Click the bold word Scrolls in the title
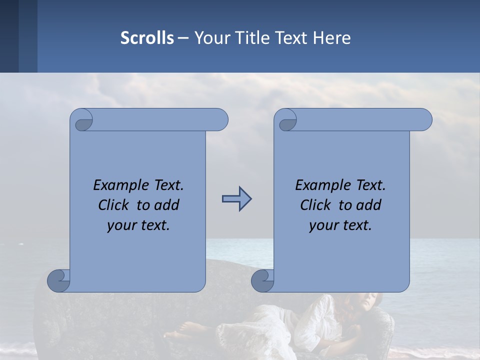click(147, 38)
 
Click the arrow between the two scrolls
click(236, 199)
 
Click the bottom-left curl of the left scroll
click(59, 281)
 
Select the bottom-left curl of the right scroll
click(263, 281)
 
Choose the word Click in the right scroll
click(315, 205)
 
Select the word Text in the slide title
click(293, 38)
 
